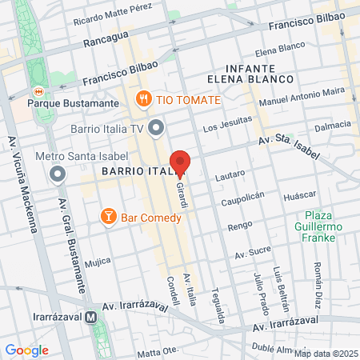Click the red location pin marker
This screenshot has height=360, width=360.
click(180, 162)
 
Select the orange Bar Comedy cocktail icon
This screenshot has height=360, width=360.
click(107, 216)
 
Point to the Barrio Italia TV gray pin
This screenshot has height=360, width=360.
click(156, 126)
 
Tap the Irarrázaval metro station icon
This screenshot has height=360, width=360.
click(94, 317)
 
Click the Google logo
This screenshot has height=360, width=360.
click(26, 350)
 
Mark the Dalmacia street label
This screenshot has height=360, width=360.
click(333, 126)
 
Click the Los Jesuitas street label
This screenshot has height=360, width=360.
click(222, 126)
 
